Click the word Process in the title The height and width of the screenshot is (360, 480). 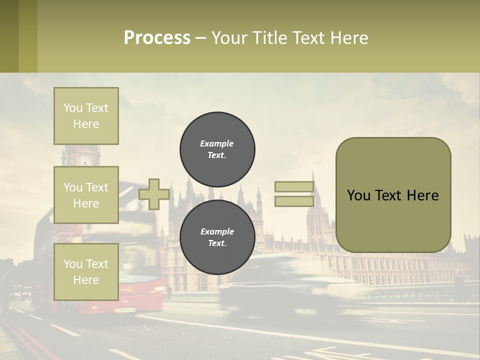tap(157, 38)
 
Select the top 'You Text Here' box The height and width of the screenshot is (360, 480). tap(86, 116)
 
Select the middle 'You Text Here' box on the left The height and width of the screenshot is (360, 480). tap(86, 195)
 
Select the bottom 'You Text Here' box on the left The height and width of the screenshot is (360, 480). tap(86, 271)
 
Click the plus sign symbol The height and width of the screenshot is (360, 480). tap(154, 194)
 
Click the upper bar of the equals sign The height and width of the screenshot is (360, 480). tap(294, 187)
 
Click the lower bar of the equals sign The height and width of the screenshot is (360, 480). tap(294, 201)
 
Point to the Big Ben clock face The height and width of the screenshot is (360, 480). tap(84, 159)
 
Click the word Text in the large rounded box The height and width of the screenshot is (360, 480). tap(391, 195)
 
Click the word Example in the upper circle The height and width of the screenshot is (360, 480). tap(216, 143)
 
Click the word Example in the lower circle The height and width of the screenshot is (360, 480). tap(217, 231)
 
